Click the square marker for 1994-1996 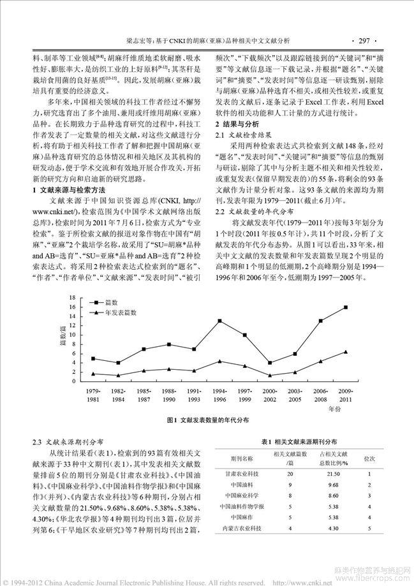[219, 321]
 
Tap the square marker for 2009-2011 [346, 307]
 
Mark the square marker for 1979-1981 [93, 358]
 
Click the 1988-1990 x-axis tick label [168, 393]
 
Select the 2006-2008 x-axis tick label [320, 393]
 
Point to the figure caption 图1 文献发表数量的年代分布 [207, 421]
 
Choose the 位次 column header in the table [369, 458]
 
